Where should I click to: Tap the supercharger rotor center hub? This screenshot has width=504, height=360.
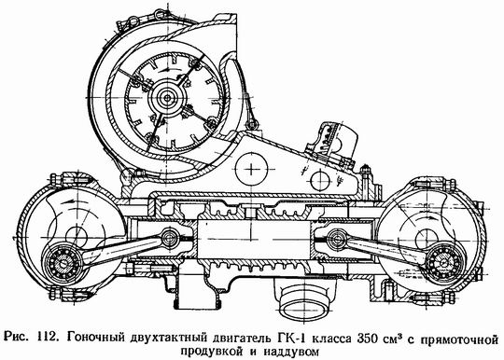(x=167, y=97)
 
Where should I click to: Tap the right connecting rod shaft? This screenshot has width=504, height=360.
(x=385, y=249)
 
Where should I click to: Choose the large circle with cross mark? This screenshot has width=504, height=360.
(x=251, y=169)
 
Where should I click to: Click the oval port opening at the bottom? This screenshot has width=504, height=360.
(x=304, y=301)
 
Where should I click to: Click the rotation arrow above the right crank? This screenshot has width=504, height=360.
(x=425, y=218)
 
